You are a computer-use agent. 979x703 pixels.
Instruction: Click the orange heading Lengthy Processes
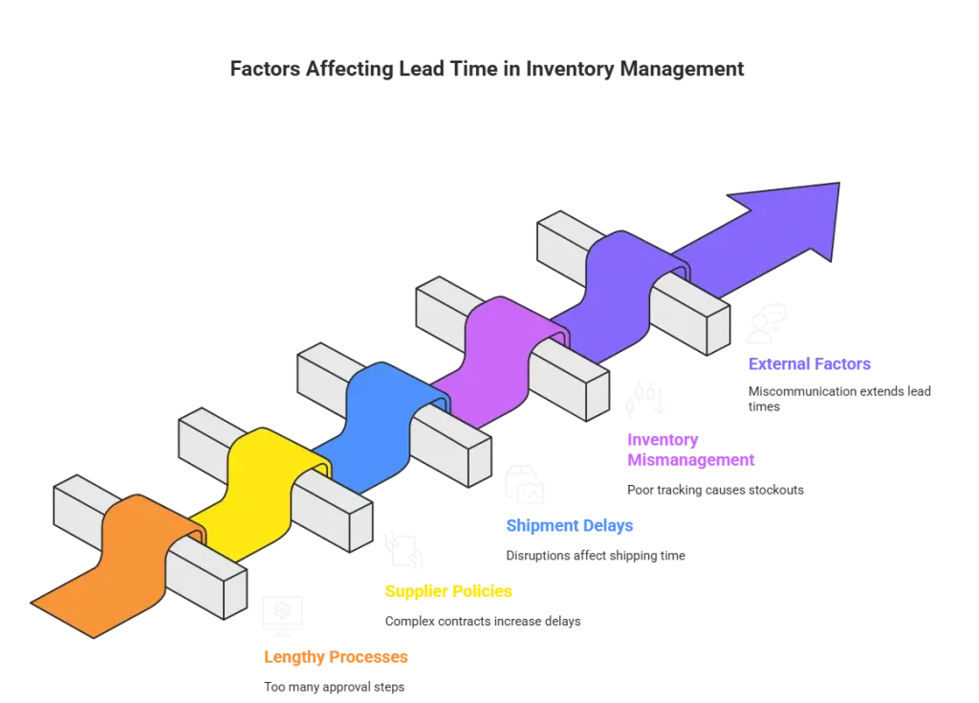point(336,658)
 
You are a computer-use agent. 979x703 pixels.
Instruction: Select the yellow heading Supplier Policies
point(447,592)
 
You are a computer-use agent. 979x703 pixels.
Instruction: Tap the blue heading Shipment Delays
point(569,526)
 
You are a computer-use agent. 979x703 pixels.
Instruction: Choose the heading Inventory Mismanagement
point(690,449)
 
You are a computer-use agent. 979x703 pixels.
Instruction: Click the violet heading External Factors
point(808,364)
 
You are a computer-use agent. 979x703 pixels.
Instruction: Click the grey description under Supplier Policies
point(481,621)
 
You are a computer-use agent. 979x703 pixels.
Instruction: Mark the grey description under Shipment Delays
point(595,556)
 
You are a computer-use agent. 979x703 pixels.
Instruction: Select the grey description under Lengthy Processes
point(332,688)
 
